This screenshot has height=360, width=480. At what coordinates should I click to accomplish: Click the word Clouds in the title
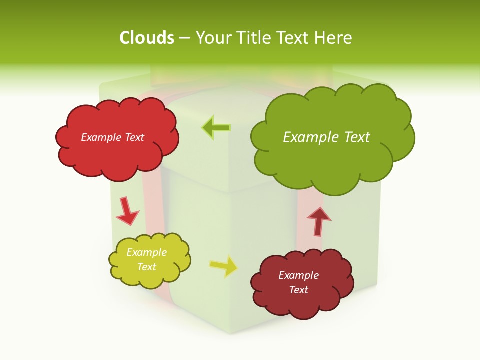tap(147, 37)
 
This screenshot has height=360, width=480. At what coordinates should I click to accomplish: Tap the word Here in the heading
tap(334, 37)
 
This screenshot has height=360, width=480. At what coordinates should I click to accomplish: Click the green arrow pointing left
tap(216, 128)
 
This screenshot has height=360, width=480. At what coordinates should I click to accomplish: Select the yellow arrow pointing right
tap(224, 266)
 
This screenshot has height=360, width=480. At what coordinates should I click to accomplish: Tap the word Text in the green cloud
tap(355, 137)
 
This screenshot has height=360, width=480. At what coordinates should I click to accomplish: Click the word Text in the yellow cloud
tap(146, 267)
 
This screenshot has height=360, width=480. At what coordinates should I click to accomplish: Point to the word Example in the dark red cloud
tap(298, 275)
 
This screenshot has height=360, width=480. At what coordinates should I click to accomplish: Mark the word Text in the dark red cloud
tap(298, 290)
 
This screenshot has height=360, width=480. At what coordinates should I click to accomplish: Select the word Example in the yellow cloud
tap(146, 252)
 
